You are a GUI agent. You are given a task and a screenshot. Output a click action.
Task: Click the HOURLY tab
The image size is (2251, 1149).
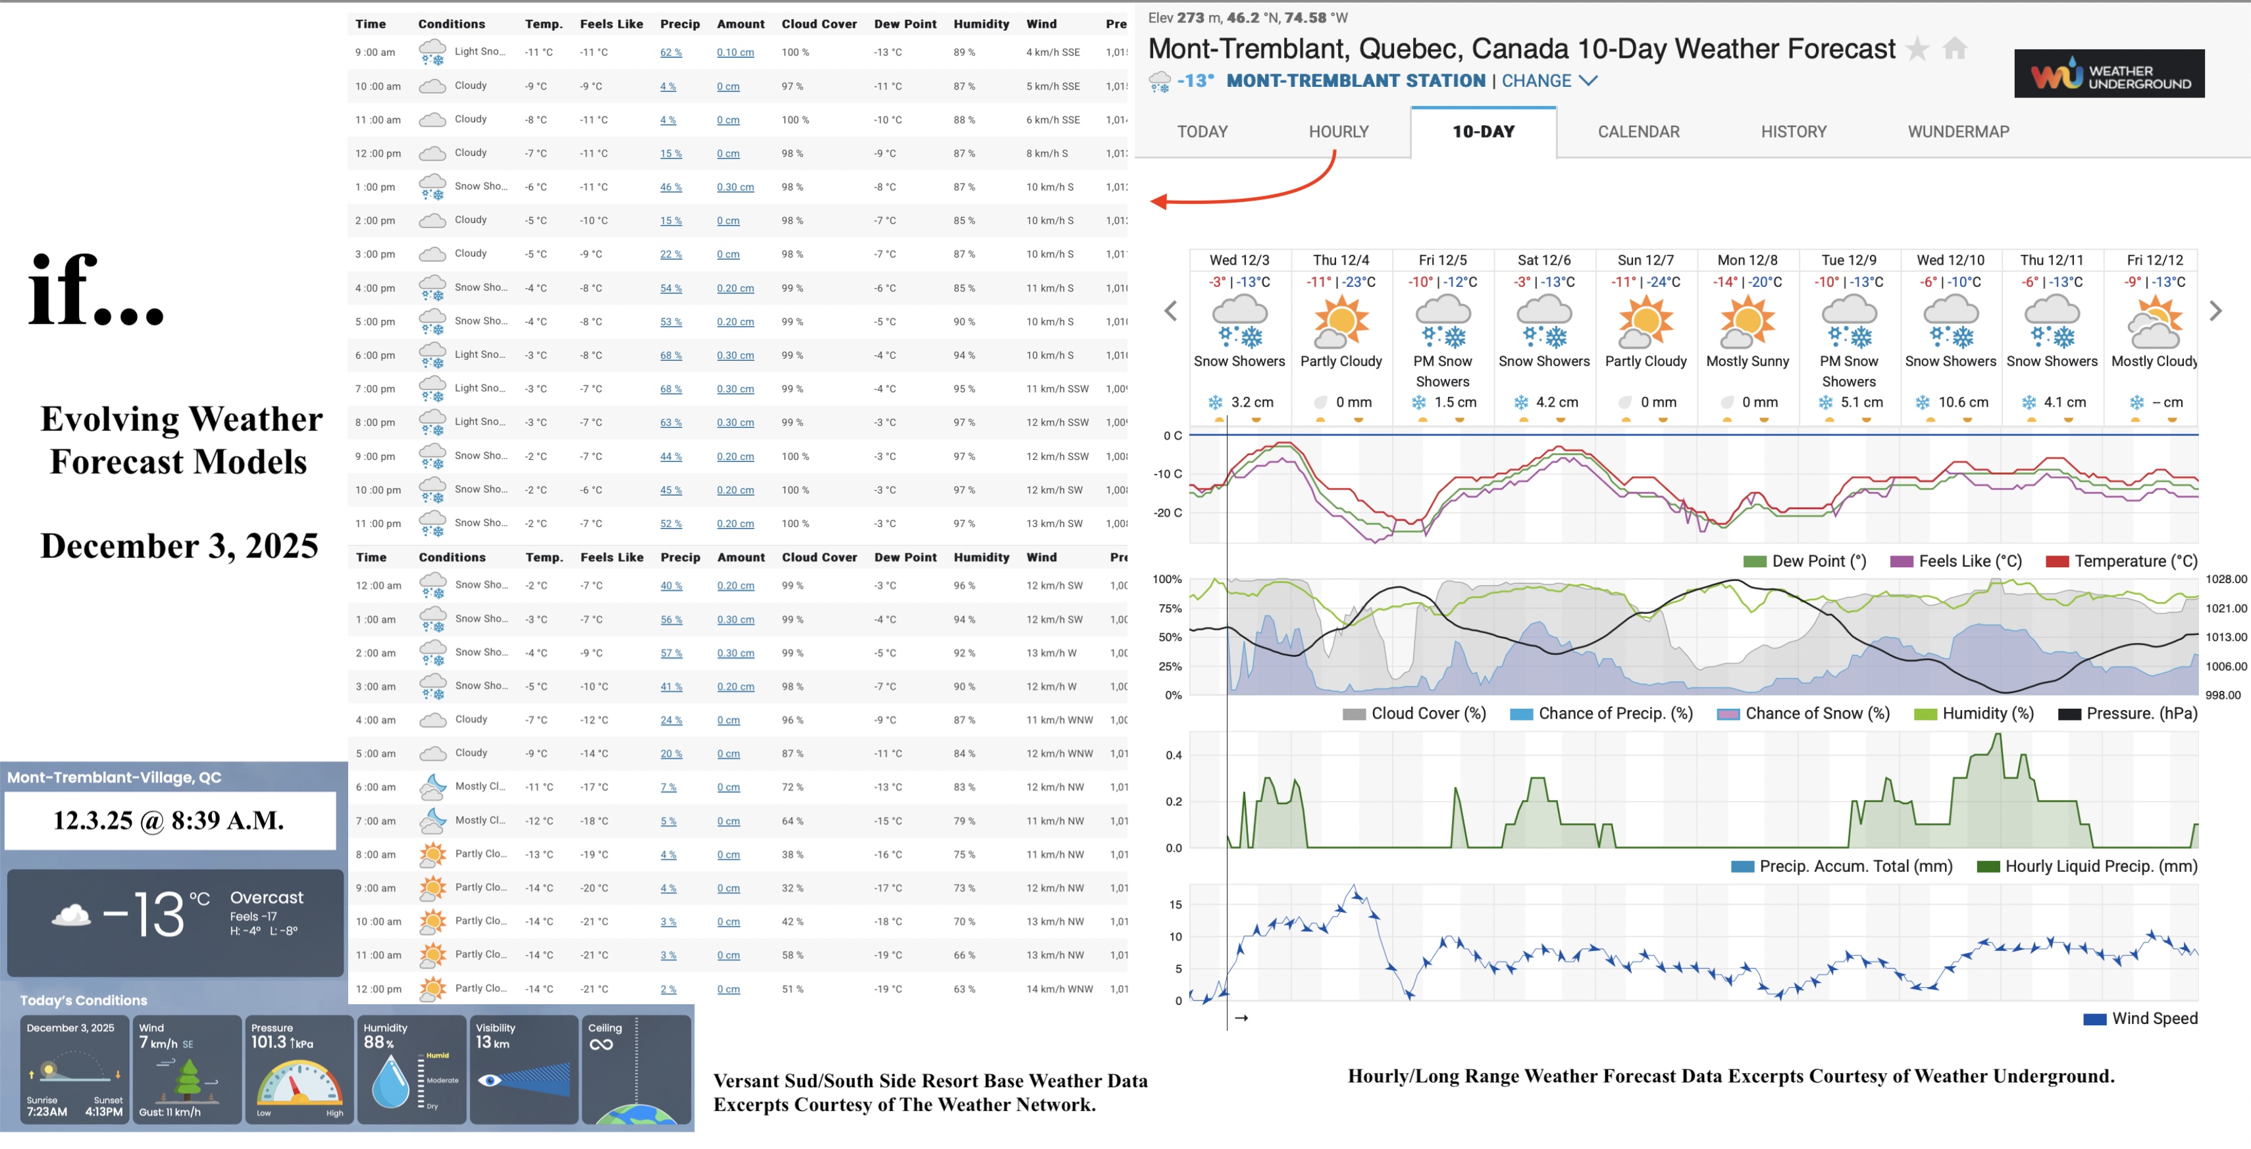point(1338,132)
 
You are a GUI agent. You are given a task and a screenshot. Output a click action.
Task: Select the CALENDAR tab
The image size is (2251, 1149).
point(1638,132)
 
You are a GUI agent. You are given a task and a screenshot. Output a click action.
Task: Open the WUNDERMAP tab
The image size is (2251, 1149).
point(1957,132)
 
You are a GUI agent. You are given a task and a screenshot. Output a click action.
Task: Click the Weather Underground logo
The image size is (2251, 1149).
point(2109,74)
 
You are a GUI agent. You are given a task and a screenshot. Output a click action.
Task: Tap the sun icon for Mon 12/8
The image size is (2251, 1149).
point(1747,320)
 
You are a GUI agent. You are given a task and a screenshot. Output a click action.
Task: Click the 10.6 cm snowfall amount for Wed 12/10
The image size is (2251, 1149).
point(1962,402)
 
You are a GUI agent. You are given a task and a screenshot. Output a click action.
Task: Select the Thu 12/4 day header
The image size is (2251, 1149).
point(1341,259)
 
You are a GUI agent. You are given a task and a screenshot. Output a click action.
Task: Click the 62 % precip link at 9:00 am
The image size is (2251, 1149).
point(670,53)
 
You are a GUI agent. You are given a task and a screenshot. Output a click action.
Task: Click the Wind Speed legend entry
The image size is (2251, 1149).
point(2153,1018)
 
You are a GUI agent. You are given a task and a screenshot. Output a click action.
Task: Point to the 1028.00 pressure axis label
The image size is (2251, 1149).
point(2225,578)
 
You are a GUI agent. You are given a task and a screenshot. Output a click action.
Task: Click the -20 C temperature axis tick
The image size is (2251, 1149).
point(1168,513)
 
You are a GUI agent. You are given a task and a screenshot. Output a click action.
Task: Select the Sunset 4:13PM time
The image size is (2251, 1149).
point(105,1111)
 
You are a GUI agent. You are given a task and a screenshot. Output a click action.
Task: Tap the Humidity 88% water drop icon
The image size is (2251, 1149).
point(390,1081)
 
